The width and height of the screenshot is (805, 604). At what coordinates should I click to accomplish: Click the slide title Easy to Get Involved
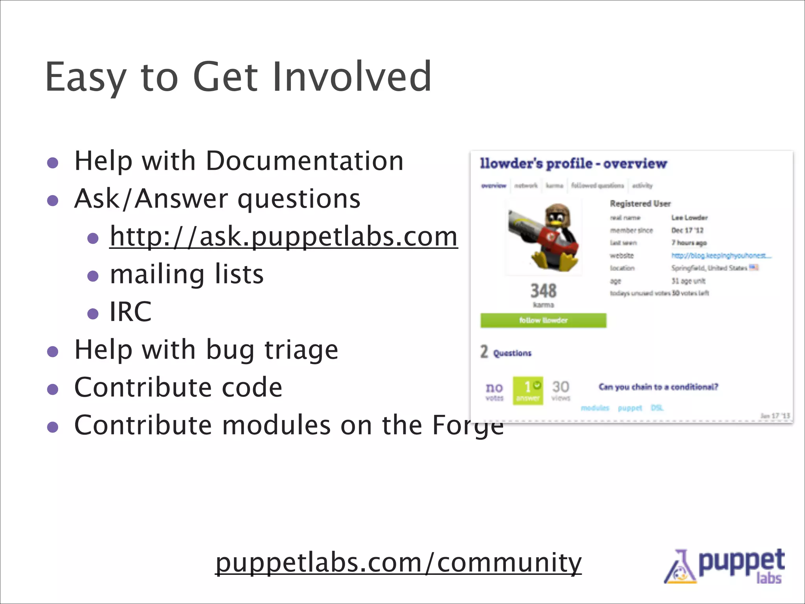pyautogui.click(x=238, y=77)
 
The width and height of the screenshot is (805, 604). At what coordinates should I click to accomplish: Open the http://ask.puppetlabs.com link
pyautogui.click(x=283, y=236)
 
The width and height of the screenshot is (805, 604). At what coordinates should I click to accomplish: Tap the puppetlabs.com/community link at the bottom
pyautogui.click(x=398, y=562)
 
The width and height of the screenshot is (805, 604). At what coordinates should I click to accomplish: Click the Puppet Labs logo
pyautogui.click(x=724, y=566)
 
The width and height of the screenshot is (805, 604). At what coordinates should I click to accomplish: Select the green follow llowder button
pyautogui.click(x=543, y=320)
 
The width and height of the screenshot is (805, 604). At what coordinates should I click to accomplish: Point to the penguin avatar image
pyautogui.click(x=544, y=236)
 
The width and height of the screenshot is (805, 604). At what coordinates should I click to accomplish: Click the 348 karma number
pyautogui.click(x=543, y=291)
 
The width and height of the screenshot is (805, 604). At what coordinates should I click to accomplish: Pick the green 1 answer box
pyautogui.click(x=528, y=390)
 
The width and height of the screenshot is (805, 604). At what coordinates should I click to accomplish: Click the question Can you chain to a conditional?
pyautogui.click(x=658, y=387)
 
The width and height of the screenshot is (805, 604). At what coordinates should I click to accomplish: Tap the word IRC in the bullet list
pyautogui.click(x=130, y=311)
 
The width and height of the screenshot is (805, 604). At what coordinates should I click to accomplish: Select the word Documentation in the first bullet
pyautogui.click(x=305, y=161)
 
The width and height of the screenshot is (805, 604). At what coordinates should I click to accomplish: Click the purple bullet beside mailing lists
pyautogui.click(x=93, y=276)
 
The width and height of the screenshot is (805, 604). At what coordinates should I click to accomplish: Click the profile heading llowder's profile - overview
pyautogui.click(x=573, y=164)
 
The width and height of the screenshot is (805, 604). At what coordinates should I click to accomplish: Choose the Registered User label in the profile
pyautogui.click(x=640, y=204)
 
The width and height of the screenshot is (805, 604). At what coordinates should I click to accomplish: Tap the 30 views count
pyautogui.click(x=561, y=390)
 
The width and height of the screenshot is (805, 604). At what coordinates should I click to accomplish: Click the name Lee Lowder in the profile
pyautogui.click(x=689, y=217)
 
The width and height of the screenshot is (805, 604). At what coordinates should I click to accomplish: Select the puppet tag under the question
pyautogui.click(x=630, y=408)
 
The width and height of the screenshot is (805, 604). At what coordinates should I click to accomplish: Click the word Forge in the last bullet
pyautogui.click(x=468, y=425)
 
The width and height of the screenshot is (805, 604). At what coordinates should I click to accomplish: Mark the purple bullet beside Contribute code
pyautogui.click(x=53, y=389)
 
